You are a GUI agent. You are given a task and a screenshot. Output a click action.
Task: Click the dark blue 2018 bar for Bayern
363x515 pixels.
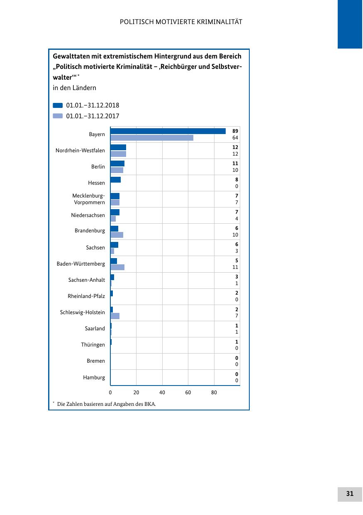click(168, 131)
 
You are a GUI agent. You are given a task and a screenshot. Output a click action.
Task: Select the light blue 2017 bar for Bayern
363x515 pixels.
click(152, 138)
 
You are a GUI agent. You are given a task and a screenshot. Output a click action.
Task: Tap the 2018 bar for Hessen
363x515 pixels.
click(115, 180)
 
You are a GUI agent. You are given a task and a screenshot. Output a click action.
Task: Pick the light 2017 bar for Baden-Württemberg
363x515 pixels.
click(117, 267)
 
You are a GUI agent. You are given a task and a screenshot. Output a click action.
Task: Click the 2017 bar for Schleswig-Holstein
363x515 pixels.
click(115, 316)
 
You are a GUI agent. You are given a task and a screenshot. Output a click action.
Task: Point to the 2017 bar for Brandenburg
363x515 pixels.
click(117, 235)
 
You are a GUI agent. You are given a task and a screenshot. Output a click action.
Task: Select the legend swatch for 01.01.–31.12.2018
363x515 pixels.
click(58, 105)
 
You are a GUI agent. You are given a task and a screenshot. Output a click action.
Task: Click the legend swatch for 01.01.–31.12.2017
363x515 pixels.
click(58, 116)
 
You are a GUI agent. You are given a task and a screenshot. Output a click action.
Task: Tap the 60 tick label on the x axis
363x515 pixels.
click(188, 393)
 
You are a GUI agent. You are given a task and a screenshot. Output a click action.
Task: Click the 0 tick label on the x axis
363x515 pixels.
click(110, 393)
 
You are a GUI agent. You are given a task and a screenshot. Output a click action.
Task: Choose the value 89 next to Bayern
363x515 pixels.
click(235, 131)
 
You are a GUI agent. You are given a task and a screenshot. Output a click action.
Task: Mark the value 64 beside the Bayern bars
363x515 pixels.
click(235, 138)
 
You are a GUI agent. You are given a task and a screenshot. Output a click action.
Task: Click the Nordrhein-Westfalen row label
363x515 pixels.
click(80, 151)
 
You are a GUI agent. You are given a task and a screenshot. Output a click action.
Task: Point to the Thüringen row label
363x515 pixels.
click(93, 345)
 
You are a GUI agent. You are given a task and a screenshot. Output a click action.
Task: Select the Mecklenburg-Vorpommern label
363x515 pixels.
click(88, 199)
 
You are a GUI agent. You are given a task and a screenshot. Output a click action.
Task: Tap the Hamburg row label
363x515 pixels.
click(94, 378)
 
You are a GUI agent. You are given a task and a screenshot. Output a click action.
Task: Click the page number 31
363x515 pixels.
click(350, 494)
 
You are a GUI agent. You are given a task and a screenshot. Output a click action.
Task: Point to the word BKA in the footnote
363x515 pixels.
click(149, 404)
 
